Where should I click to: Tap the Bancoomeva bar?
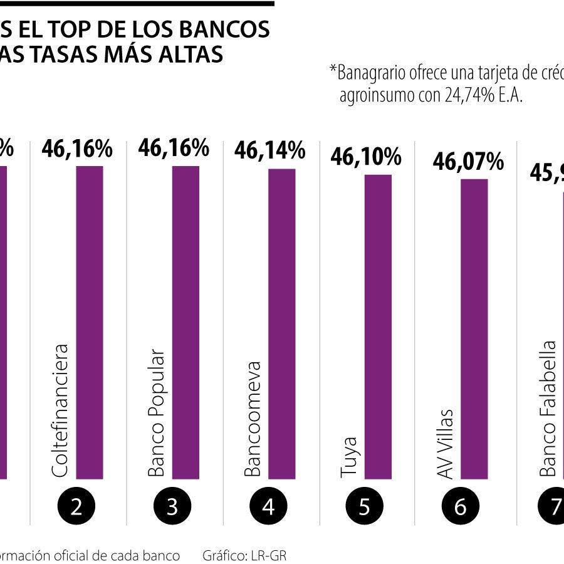coord(281,323)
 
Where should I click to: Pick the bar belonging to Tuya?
coord(378,326)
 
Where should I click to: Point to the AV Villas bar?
coord(474,329)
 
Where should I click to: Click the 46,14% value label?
coord(269,150)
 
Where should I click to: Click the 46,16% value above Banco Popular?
coord(173,148)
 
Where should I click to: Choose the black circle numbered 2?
coord(76,506)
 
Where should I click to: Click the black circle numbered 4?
coord(268,506)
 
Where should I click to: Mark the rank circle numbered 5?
coord(365,506)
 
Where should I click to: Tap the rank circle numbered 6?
coord(461,506)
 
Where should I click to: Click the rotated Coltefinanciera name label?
coord(61,410)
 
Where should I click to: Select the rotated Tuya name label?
coord(350,457)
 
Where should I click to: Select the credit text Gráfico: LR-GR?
coord(244,555)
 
